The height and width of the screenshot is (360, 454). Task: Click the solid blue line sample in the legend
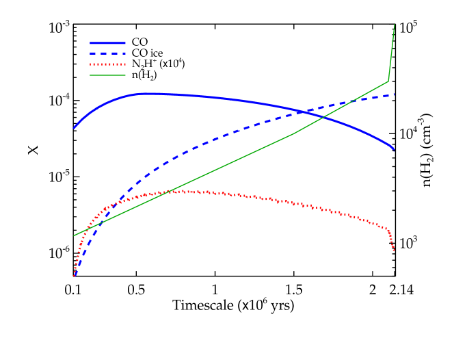point(107,43)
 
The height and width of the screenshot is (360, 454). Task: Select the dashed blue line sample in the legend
point(107,53)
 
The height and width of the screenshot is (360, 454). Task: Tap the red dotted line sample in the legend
point(107,64)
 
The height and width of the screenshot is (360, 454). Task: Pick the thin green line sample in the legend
point(107,75)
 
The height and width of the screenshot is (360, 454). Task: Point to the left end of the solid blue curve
point(75,128)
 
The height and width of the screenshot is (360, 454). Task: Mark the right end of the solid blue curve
point(394,149)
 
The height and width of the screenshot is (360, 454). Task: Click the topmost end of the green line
point(395,25)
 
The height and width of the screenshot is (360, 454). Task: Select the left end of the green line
point(75,235)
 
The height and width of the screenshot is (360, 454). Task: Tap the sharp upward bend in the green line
point(388,81)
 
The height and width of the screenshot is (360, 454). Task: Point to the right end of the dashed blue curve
point(394,94)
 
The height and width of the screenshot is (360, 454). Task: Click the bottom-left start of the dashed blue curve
point(75,275)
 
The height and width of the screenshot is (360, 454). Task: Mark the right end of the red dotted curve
point(394,250)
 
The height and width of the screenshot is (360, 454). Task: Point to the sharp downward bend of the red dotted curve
point(388,229)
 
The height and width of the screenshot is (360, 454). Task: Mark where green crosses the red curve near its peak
point(165,193)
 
